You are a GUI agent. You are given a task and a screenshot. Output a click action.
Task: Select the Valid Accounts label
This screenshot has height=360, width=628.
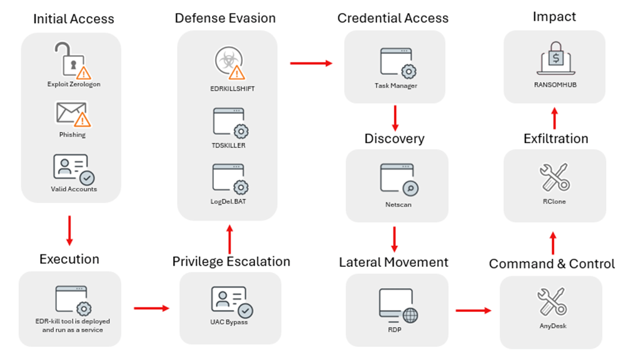(74, 189)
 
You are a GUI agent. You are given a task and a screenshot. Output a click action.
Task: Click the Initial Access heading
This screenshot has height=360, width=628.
(73, 19)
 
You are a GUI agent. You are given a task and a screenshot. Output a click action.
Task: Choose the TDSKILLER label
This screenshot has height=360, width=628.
(228, 145)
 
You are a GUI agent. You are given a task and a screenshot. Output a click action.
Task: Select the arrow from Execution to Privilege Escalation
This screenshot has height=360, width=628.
(151, 307)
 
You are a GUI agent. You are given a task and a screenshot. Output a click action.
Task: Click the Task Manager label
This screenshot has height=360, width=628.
(396, 85)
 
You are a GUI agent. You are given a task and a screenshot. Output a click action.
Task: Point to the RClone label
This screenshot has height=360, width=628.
(554, 202)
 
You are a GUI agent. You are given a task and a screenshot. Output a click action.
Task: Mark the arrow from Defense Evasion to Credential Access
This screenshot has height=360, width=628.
(311, 62)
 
